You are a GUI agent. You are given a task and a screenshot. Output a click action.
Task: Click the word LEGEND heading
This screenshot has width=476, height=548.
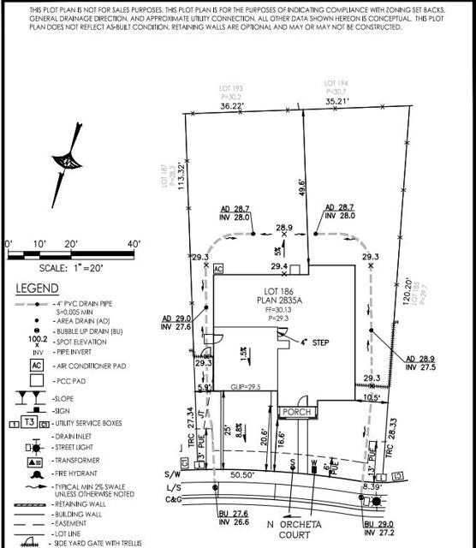click(38, 289)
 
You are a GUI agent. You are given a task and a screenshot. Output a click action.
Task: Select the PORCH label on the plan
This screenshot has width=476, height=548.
click(296, 412)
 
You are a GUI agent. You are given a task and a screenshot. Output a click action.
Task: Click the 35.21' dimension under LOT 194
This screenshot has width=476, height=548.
click(340, 100)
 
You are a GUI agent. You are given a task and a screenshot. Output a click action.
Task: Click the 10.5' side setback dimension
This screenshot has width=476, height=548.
click(370, 396)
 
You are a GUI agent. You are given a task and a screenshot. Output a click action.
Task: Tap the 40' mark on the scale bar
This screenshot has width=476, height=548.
click(134, 244)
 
